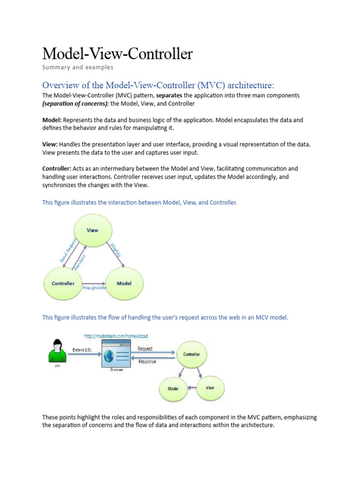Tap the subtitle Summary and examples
[x=78, y=67]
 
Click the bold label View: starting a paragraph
[x=50, y=144]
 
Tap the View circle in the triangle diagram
[x=92, y=231]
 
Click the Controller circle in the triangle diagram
[x=63, y=284]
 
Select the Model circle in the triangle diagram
[x=124, y=284]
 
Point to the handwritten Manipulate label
[x=95, y=288]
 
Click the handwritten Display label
[x=116, y=250]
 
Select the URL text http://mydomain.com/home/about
[x=116, y=337]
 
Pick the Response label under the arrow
[x=147, y=362]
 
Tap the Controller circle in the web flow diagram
[x=191, y=354]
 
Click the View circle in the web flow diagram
[x=210, y=388]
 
